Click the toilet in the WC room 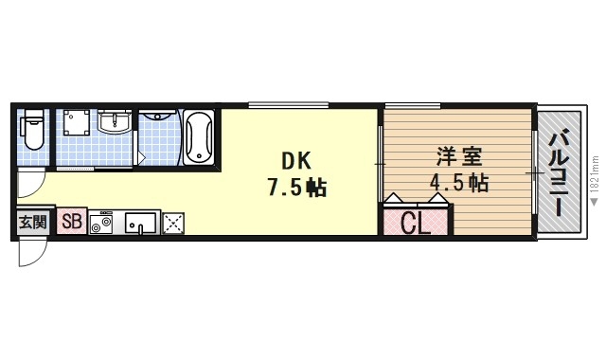point(32,130)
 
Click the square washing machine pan point(77,132)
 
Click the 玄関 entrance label point(31,223)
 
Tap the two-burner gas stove point(101,224)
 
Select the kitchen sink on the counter point(140,224)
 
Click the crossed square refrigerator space point(173,224)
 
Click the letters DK point(295,160)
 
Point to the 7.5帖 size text point(295,187)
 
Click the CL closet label point(415,224)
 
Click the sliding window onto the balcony point(534,172)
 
